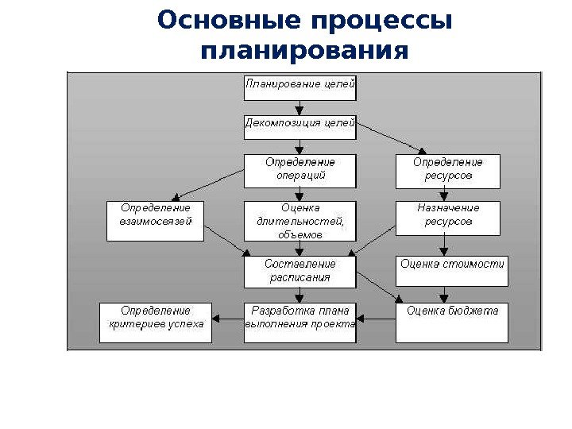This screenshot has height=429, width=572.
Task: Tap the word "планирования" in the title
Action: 305,52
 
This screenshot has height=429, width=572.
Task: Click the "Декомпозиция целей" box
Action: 300,127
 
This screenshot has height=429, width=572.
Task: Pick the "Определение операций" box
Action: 300,171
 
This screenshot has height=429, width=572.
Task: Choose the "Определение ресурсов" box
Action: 447,171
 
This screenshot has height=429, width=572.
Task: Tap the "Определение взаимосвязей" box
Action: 156,218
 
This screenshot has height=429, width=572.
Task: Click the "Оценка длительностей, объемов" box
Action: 300,220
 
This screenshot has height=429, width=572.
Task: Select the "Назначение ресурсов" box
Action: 447,218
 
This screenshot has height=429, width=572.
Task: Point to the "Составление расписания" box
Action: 300,272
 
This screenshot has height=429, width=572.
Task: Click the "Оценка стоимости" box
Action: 452,271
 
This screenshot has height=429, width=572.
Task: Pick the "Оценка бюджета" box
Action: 452,322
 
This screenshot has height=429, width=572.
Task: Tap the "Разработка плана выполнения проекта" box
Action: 300,322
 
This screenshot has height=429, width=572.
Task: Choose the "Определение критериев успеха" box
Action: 156,322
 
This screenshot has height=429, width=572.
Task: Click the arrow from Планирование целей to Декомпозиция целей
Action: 300,108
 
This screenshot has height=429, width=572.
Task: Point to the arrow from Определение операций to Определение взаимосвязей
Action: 210,187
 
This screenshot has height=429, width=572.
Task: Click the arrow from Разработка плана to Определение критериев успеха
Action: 227,320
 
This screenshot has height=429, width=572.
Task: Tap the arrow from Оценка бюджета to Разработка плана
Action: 376,320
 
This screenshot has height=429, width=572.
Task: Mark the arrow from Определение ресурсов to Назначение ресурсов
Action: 447,195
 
